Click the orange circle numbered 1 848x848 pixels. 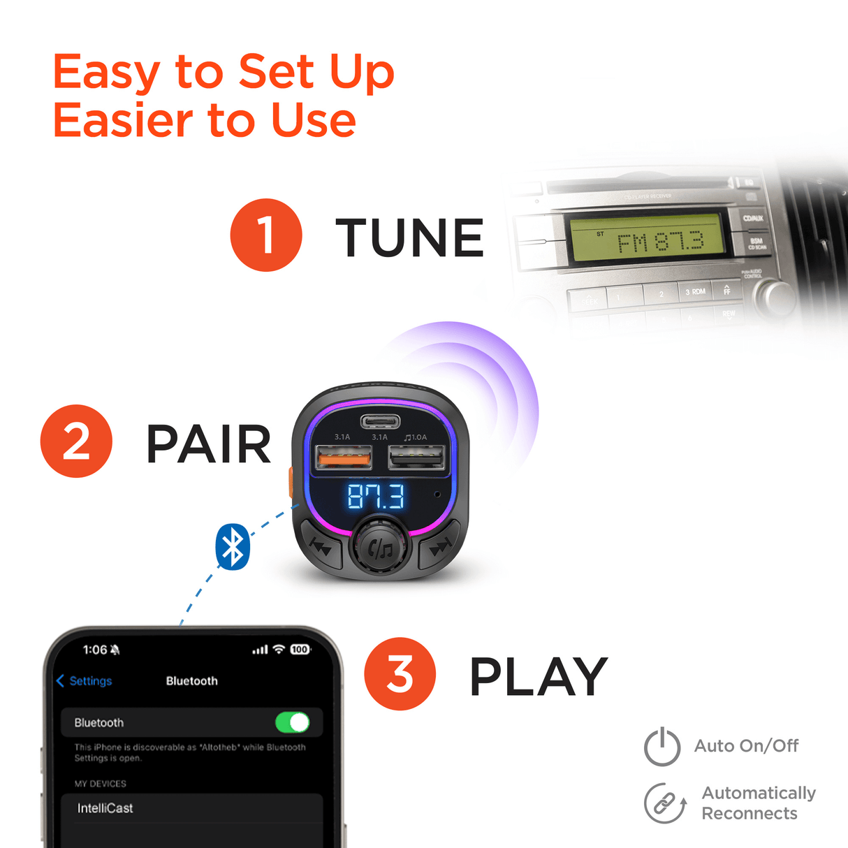[x=266, y=235]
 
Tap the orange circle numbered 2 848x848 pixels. [x=76, y=441]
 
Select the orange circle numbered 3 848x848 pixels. [x=400, y=674]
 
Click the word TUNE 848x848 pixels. [x=409, y=237]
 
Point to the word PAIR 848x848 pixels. [x=208, y=444]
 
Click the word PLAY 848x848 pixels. [x=538, y=677]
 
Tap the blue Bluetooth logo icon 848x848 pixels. [x=233, y=546]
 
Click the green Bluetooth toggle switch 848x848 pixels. [x=292, y=722]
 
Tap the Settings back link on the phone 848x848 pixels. [x=85, y=681]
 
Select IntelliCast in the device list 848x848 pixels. [x=105, y=808]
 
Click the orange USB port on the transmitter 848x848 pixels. [x=344, y=458]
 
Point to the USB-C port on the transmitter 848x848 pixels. [x=380, y=421]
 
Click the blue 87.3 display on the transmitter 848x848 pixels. [x=376, y=497]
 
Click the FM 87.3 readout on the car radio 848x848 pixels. [x=659, y=242]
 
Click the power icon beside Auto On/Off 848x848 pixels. [x=661, y=747]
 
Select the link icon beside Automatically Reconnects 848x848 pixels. [x=664, y=803]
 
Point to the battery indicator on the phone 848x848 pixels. [x=300, y=650]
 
